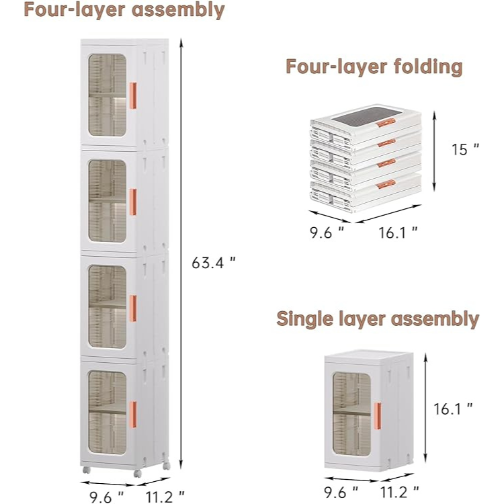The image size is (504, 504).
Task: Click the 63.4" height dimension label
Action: pyautogui.click(x=214, y=263)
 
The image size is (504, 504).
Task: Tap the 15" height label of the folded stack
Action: pyautogui.click(x=465, y=149)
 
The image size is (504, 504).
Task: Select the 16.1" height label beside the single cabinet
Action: pyautogui.click(x=453, y=409)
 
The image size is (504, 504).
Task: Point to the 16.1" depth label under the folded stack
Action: pyautogui.click(x=398, y=233)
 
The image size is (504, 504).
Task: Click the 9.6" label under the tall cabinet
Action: pyautogui.click(x=106, y=497)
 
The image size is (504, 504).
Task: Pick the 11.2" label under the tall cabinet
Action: pyautogui.click(x=165, y=497)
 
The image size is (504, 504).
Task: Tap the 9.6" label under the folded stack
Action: pyautogui.click(x=327, y=233)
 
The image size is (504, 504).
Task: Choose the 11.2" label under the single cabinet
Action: pyautogui.click(x=400, y=492)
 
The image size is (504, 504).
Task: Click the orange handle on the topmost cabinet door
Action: pyautogui.click(x=133, y=95)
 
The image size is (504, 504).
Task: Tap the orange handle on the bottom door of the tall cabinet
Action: pyautogui.click(x=133, y=415)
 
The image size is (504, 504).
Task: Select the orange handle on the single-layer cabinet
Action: pyautogui.click(x=378, y=416)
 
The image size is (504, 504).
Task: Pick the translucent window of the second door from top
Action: pyautogui.click(x=107, y=201)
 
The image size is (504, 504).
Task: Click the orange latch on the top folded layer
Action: pyautogui.click(x=386, y=123)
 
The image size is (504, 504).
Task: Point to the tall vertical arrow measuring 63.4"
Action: pyautogui.click(x=181, y=254)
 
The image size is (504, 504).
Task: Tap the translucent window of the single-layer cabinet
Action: pyautogui.click(x=351, y=415)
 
